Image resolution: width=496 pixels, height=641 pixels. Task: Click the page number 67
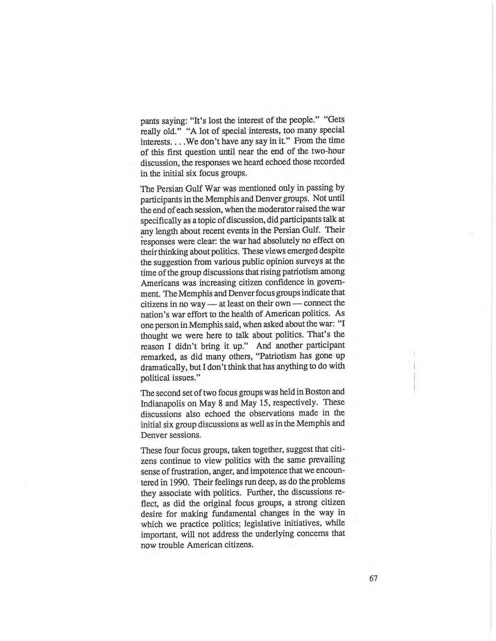373,578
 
